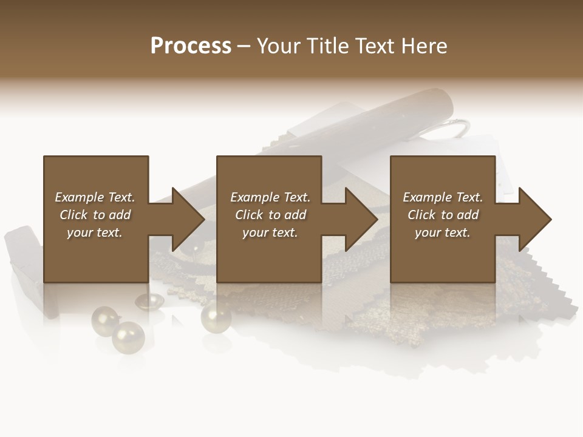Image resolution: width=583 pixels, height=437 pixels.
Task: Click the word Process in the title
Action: click(x=191, y=46)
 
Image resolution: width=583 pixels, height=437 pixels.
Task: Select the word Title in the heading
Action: click(x=327, y=46)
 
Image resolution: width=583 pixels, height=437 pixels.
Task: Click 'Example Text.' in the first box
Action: click(x=95, y=197)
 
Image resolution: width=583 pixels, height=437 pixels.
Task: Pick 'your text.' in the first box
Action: click(x=95, y=232)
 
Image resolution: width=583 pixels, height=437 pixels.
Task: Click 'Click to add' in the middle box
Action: click(x=270, y=215)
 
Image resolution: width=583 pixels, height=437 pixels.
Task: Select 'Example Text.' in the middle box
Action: click(x=270, y=197)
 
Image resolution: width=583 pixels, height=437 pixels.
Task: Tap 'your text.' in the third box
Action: click(x=443, y=232)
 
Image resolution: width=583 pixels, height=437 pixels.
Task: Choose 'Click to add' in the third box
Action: click(x=443, y=215)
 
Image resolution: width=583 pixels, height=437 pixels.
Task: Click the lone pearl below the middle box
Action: click(x=216, y=316)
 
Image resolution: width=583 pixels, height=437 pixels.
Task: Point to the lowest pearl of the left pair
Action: click(x=128, y=337)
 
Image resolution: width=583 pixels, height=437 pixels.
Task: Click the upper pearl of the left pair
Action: click(x=104, y=320)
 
